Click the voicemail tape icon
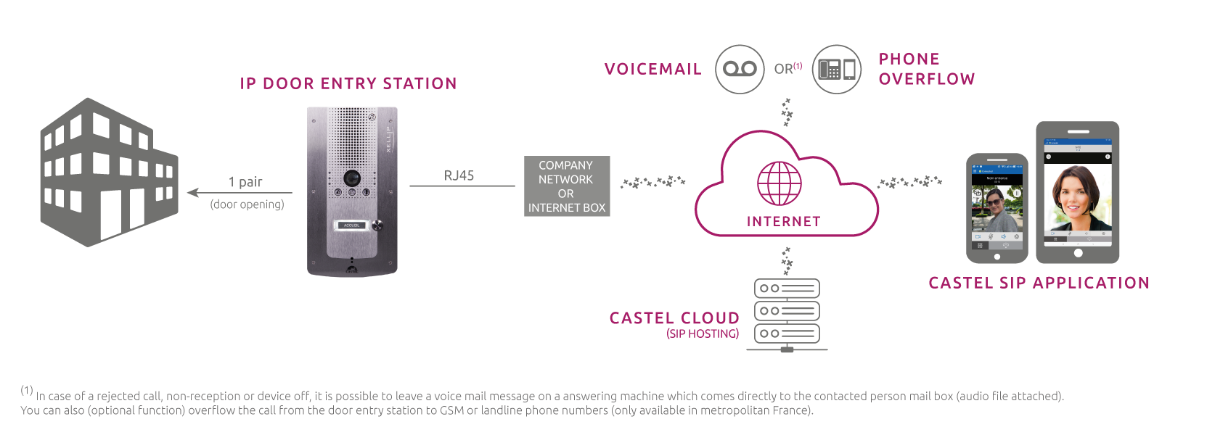[x=740, y=69]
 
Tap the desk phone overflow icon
[x=836, y=69]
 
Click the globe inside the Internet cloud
[x=780, y=183]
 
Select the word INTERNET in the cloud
[x=783, y=221]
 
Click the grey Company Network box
[x=567, y=186]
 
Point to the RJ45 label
[x=459, y=175]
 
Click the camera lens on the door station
[x=352, y=177]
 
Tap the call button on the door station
[x=376, y=225]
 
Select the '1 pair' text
[x=245, y=182]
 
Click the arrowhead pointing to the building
[x=192, y=193]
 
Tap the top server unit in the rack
[x=787, y=289]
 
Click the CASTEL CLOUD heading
[x=674, y=318]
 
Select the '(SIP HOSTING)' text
[x=703, y=333]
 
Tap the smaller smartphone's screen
[x=997, y=207]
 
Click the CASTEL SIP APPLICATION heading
[x=1039, y=283]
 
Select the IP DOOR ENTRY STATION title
[x=348, y=84]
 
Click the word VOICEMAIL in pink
[x=652, y=70]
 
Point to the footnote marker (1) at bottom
[x=27, y=391]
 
